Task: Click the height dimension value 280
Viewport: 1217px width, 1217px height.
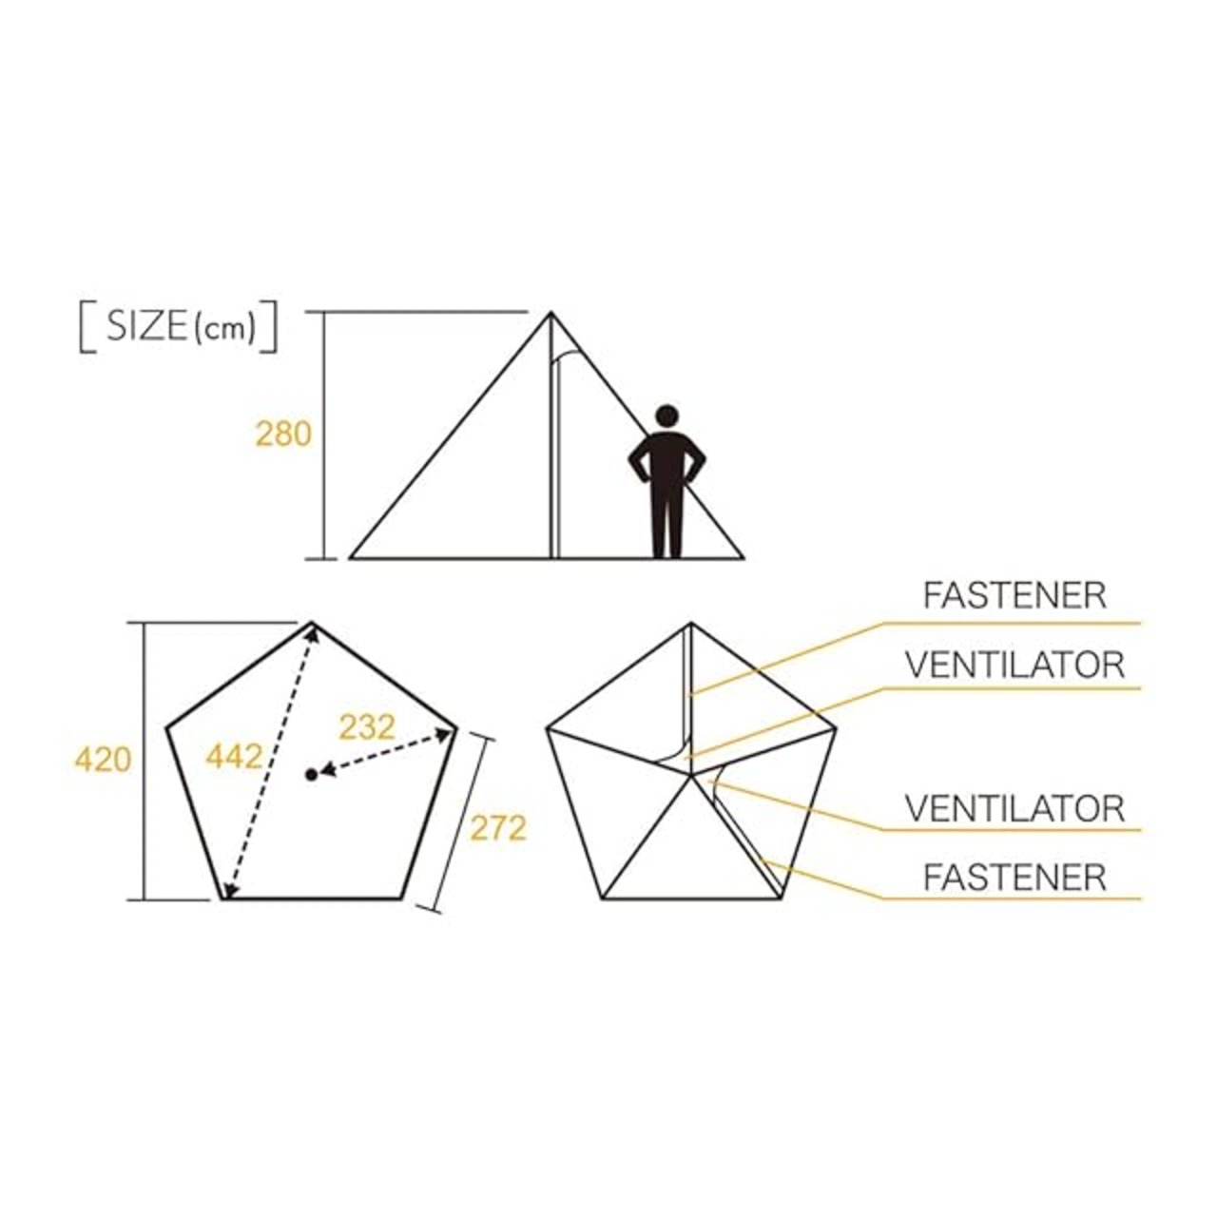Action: point(283,434)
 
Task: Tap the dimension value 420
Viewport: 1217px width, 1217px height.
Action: point(103,760)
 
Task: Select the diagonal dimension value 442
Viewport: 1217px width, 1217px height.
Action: point(233,757)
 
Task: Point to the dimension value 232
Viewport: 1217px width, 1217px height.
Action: point(366,727)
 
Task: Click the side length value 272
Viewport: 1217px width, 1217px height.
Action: point(497,828)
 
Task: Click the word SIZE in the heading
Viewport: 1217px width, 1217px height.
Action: point(146,327)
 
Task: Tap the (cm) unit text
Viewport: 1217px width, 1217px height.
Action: point(225,329)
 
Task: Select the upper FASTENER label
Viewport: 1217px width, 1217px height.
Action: point(1014,595)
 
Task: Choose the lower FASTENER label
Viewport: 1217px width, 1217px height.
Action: point(1014,877)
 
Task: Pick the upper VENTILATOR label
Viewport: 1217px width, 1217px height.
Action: point(1014,665)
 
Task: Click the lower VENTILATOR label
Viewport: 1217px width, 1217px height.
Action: point(1014,808)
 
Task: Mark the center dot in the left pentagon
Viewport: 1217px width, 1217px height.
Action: point(311,775)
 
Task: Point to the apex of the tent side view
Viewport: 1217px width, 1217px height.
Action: point(551,313)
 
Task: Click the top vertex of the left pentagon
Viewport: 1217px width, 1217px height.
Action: point(312,623)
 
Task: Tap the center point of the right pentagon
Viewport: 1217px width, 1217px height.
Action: point(691,776)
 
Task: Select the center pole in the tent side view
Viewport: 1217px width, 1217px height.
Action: point(553,447)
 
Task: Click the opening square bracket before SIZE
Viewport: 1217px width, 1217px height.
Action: point(86,328)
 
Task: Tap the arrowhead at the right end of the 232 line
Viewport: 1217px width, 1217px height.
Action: point(447,731)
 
